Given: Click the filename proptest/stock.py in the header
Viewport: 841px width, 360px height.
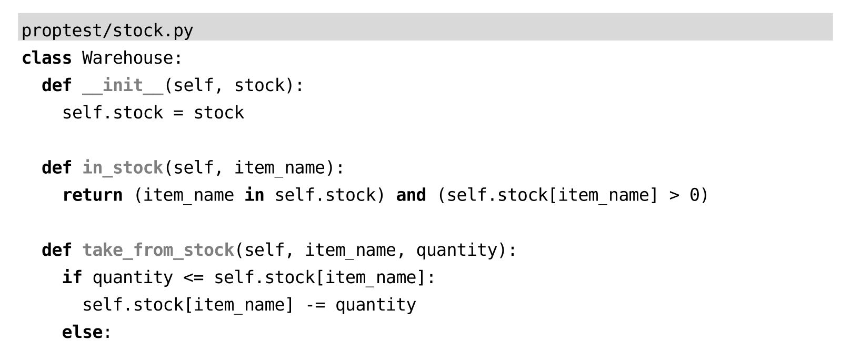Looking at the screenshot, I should (x=107, y=31).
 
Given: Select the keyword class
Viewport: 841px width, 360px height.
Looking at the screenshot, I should (x=46, y=58).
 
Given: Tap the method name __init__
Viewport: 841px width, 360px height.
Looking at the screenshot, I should (x=123, y=85).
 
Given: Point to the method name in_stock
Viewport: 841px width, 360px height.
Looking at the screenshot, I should (x=123, y=168).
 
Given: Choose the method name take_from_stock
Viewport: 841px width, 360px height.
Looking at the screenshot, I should (x=158, y=250).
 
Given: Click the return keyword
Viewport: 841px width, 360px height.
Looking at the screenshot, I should (x=92, y=195).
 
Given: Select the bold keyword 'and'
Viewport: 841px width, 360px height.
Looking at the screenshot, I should (x=411, y=195).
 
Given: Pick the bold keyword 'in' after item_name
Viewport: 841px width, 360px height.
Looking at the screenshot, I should (x=254, y=195).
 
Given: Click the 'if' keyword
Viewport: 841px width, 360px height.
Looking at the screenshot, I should (x=72, y=277).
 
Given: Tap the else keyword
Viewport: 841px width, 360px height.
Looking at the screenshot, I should (x=82, y=332).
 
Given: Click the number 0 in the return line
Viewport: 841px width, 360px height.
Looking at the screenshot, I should (x=695, y=195).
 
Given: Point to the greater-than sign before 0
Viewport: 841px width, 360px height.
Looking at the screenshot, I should (x=674, y=195).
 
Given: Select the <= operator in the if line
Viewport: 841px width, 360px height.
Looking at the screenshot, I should (x=193, y=277).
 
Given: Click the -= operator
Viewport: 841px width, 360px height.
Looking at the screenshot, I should (x=315, y=305).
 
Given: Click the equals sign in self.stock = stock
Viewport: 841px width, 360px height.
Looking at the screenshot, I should (x=178, y=113).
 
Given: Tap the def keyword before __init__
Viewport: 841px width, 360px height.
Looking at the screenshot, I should (x=56, y=85).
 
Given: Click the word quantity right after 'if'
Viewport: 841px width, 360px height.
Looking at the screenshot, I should (x=133, y=277).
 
